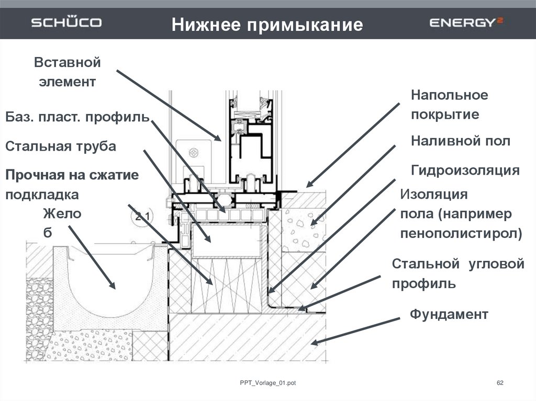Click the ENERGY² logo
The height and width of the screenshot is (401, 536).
[466, 22]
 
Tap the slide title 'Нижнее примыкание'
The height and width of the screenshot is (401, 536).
[267, 25]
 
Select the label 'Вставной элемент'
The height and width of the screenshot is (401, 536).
[68, 72]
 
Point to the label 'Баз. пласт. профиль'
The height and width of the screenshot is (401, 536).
[77, 117]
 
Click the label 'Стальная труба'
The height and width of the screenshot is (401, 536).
[61, 146]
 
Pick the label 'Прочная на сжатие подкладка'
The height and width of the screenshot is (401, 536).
[72, 185]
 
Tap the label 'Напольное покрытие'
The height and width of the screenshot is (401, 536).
[449, 105]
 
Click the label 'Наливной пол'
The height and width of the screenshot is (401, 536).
[461, 141]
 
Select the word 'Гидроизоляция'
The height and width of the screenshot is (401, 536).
[465, 170]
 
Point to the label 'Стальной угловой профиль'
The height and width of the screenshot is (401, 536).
[458, 273]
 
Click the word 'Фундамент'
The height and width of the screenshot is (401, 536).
[449, 314]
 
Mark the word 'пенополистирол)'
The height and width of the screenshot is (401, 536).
[461, 234]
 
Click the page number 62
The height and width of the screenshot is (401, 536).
[500, 383]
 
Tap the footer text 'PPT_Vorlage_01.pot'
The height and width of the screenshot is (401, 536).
[267, 383]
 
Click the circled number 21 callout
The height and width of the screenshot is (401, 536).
[142, 216]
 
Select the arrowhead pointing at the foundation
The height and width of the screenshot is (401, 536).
[314, 341]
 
